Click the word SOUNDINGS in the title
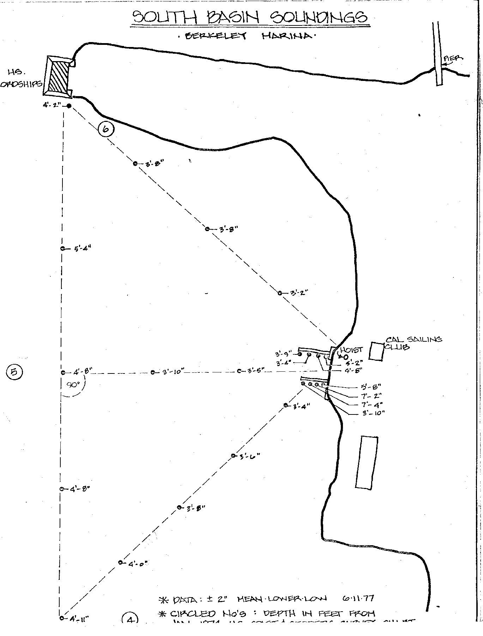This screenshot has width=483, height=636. click(318, 17)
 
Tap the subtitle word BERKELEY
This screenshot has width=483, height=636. click(216, 36)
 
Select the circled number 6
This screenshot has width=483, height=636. click(106, 129)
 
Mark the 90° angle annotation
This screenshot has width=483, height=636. click(73, 385)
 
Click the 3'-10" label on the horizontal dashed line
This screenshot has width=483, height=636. click(173, 372)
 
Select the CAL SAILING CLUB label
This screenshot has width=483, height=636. click(413, 343)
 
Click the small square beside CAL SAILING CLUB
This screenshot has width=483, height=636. click(376, 351)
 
